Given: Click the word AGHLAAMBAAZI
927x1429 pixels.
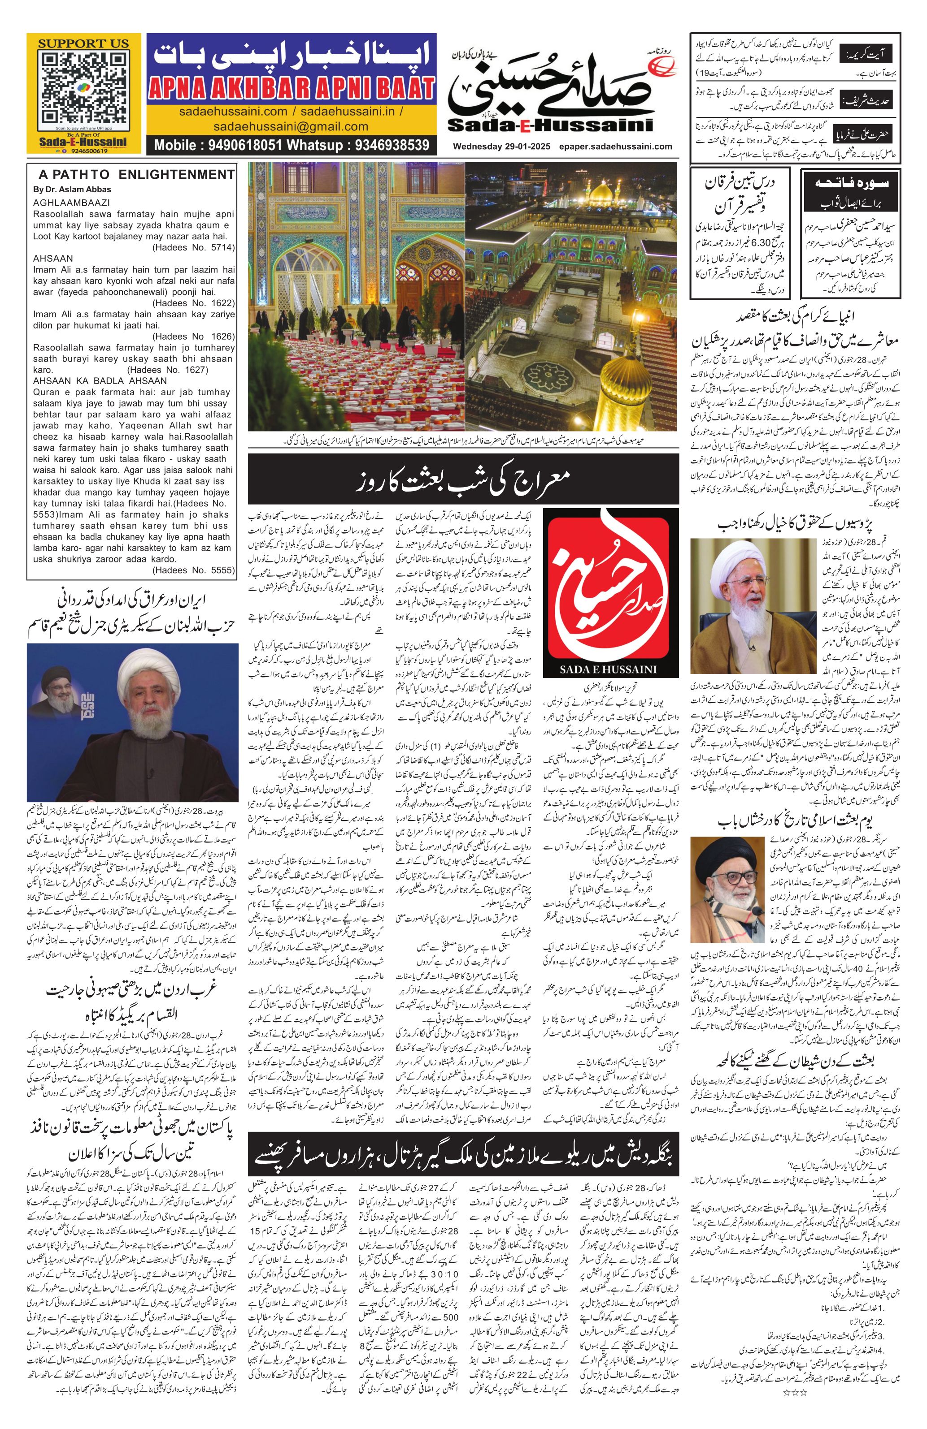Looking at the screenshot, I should tap(71, 203).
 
